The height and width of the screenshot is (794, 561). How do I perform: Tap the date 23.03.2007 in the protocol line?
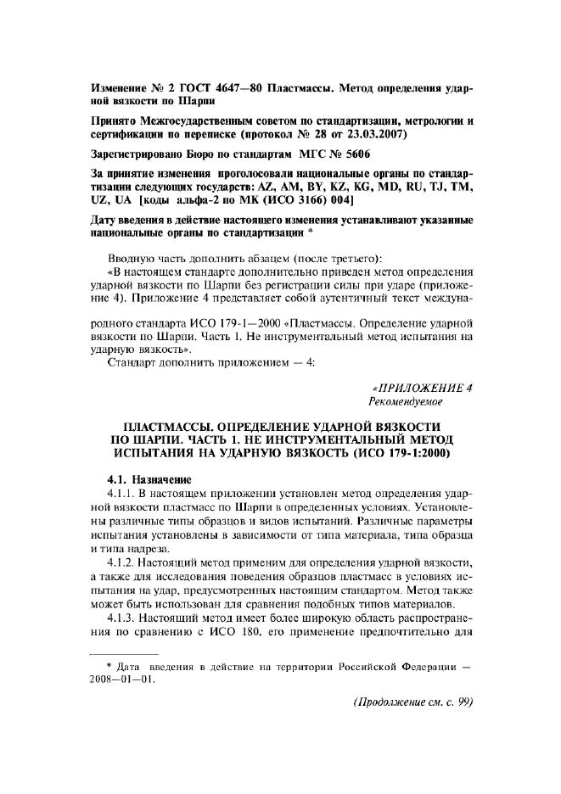pyautogui.click(x=374, y=135)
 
